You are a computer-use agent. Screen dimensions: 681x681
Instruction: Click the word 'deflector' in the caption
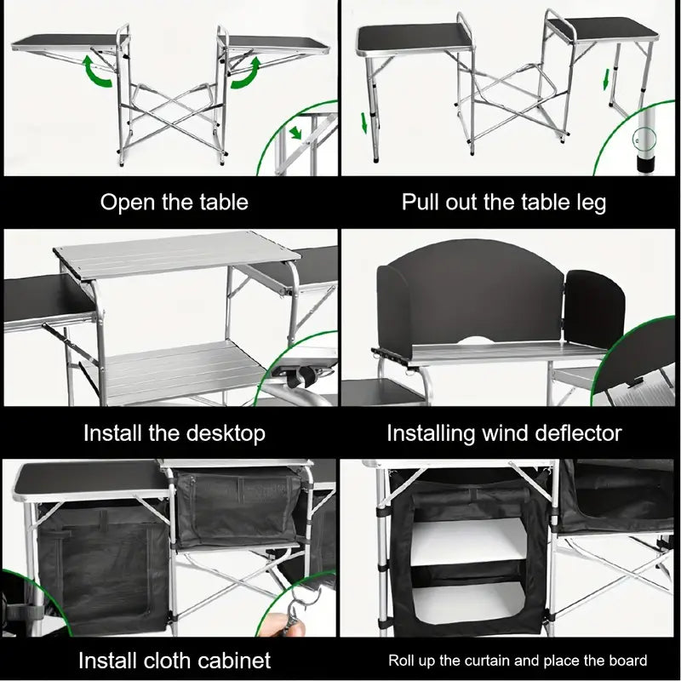click(x=573, y=432)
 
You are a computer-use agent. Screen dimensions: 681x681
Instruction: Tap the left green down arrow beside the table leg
click(x=364, y=123)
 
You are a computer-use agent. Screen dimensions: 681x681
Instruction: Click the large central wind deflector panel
click(x=468, y=298)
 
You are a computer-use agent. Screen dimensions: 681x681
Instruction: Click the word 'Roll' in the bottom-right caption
click(x=404, y=660)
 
